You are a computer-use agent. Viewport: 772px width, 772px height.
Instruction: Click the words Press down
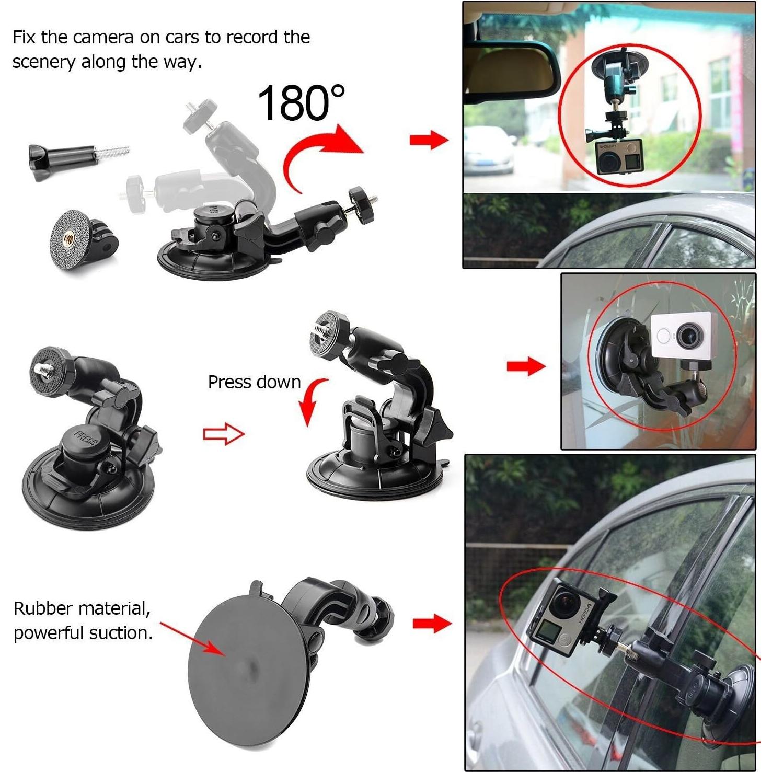click(x=254, y=382)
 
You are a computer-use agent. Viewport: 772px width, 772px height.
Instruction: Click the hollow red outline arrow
click(x=224, y=434)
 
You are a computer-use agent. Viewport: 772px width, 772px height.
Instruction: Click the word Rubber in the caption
click(x=43, y=608)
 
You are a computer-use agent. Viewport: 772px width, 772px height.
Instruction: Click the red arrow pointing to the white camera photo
click(x=526, y=365)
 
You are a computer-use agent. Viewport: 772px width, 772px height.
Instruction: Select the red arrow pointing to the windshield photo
click(x=429, y=140)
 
